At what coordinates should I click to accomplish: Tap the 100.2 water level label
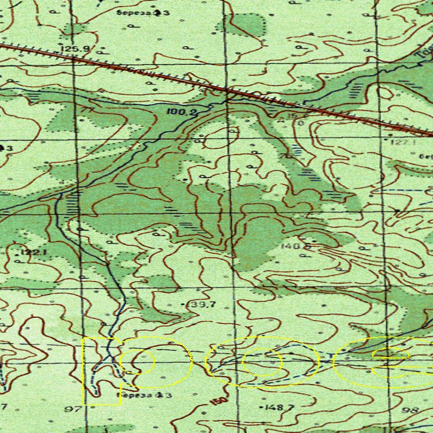click(182, 112)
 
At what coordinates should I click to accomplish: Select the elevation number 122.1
click(34, 251)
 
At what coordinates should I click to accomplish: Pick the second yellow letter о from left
click(262, 362)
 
